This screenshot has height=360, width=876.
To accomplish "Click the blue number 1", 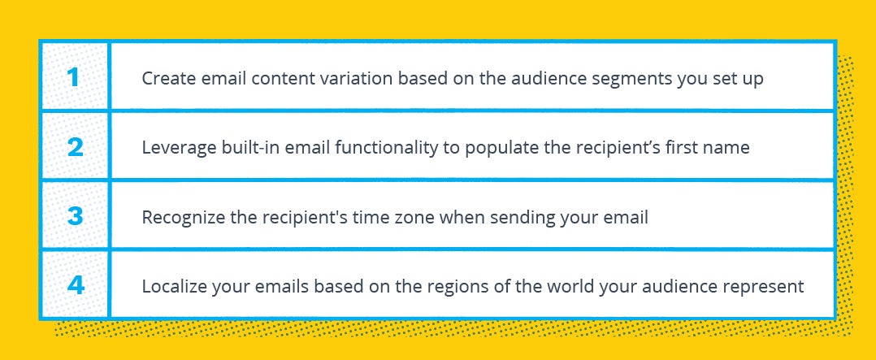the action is click(74, 77).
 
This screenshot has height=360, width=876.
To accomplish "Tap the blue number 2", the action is click(75, 147).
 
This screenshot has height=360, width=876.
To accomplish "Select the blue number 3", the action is click(75, 216).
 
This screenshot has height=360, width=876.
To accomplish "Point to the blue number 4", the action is click(76, 286).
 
